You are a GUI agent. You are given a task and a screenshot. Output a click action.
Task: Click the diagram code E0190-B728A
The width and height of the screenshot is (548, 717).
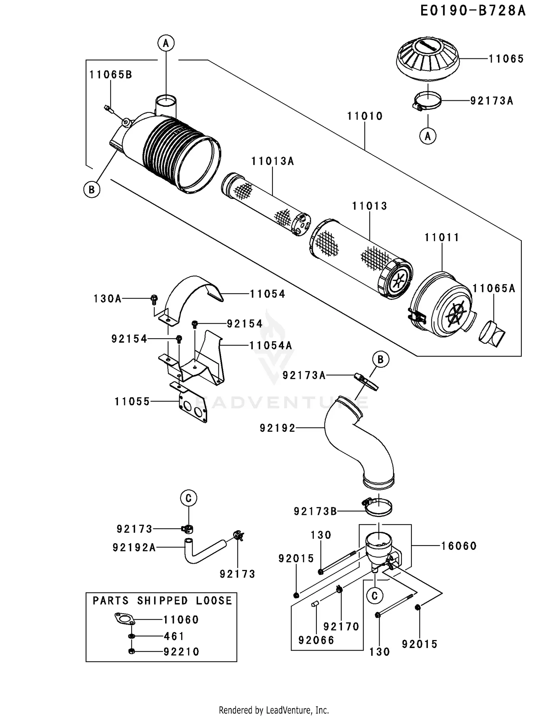tap(473, 11)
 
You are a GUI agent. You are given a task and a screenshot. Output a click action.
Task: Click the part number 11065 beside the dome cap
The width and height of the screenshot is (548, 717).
tap(506, 59)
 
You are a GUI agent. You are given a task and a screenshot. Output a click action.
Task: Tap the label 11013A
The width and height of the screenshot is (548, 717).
tap(273, 161)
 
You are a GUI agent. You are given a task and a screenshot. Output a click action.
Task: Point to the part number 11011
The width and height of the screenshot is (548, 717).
tap(442, 238)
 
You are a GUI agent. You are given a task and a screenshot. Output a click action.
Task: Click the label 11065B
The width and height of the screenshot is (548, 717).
tap(111, 75)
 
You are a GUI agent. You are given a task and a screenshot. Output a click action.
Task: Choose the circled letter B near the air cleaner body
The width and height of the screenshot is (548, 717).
tap(92, 190)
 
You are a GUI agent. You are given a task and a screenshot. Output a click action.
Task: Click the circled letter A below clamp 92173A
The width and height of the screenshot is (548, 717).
tap(428, 136)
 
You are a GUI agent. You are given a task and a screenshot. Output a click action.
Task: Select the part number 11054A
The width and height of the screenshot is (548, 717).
tap(271, 346)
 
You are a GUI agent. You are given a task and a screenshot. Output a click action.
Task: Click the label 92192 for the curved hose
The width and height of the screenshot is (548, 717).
tap(277, 428)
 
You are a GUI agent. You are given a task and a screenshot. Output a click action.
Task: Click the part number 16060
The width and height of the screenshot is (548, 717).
tap(459, 546)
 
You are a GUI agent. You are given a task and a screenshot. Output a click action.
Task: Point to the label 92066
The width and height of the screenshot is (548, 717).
tap(316, 640)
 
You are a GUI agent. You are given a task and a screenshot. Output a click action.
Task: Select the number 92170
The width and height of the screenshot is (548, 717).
tap(341, 627)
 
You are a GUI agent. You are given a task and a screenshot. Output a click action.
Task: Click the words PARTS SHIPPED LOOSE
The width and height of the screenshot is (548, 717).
tap(162, 601)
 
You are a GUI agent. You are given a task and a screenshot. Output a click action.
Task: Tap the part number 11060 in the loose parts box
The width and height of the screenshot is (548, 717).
tap(181, 620)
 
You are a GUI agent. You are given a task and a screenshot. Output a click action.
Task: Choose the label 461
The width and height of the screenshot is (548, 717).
tap(174, 636)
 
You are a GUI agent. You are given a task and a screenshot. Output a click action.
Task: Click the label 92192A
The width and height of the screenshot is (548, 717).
tap(134, 548)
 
